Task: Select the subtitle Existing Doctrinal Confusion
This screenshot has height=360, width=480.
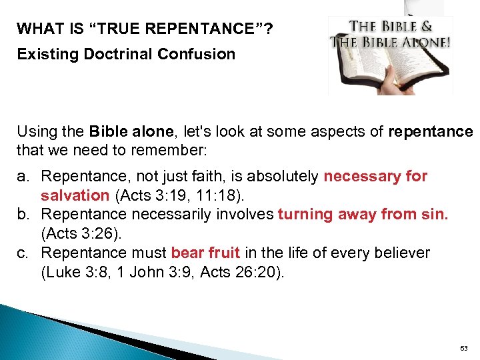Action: [x=126, y=54]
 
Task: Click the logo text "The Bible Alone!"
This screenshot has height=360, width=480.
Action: [x=390, y=41]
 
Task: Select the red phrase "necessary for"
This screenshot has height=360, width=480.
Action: [x=375, y=177]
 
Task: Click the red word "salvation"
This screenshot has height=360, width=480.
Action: [x=75, y=195]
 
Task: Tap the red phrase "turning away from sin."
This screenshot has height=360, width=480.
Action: [x=363, y=214]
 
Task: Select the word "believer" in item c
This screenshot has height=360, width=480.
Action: [x=405, y=253]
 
